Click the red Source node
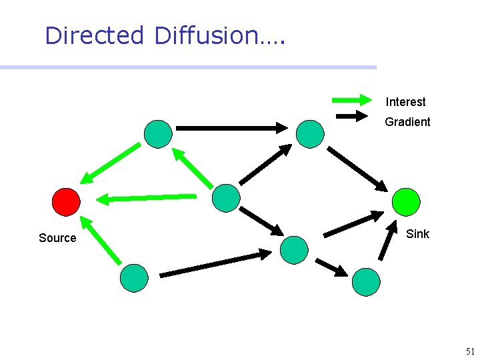[66, 201]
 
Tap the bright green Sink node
[406, 202]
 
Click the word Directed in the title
[94, 35]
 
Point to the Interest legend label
[405, 102]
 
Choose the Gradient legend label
[407, 122]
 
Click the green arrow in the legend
[351, 101]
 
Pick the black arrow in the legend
[351, 116]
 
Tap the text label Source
[57, 238]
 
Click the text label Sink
[417, 234]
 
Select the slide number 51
[470, 351]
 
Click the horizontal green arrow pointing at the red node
[147, 197]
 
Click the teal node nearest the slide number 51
[366, 282]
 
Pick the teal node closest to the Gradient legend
[310, 133]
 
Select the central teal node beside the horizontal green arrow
[225, 198]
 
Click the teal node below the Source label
[134, 278]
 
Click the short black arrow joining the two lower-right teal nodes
[331, 267]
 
